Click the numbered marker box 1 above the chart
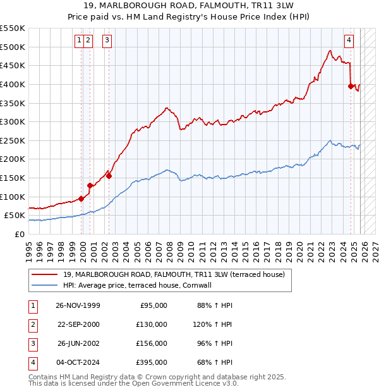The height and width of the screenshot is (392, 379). [x=79, y=40]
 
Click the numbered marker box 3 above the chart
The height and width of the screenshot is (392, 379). [x=107, y=40]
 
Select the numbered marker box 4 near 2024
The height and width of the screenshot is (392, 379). [x=349, y=40]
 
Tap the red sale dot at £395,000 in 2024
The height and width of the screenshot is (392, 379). [x=351, y=86]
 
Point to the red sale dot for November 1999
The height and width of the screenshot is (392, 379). [x=81, y=199]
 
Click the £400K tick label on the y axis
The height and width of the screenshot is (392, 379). [x=13, y=84]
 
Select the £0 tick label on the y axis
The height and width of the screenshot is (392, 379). [x=19, y=234]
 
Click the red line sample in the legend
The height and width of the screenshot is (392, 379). [x=44, y=274]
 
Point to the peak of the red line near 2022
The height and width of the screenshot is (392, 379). [x=330, y=51]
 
